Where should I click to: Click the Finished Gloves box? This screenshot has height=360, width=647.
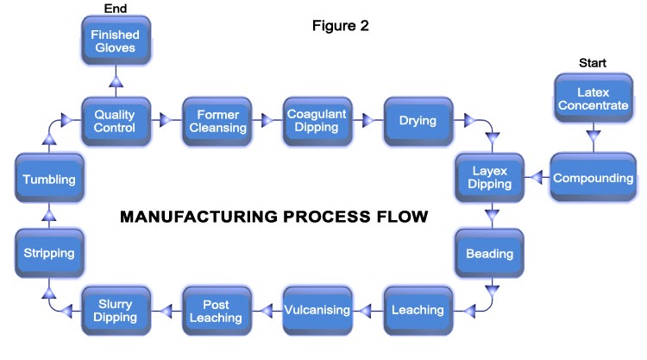pos(116,41)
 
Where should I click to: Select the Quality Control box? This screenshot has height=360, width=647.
pos(116,120)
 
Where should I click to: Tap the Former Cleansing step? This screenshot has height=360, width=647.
pos(217,120)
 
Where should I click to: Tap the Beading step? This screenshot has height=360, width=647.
pos(489,254)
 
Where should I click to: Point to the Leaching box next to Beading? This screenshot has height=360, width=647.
pos(418,310)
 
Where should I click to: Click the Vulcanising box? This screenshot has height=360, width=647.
pos(317,310)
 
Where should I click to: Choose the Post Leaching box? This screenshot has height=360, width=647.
pos(217,310)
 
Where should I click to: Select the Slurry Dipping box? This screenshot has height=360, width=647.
pos(116,310)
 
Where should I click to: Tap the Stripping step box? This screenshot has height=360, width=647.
pos(50,254)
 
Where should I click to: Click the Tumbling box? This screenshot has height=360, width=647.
pos(50,180)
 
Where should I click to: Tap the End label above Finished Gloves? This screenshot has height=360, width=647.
pos(116,8)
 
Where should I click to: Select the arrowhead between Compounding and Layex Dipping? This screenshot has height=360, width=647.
pos(536,179)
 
